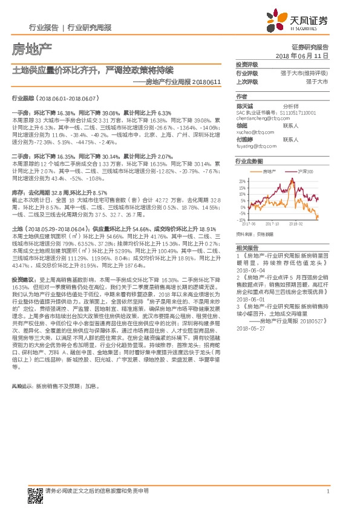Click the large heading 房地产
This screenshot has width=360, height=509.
[31, 49]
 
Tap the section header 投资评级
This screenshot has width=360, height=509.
[247, 64]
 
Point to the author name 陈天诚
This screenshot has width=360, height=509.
[245, 105]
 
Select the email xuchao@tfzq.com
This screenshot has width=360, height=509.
[251, 131]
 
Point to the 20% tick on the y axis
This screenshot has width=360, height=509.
[243, 181]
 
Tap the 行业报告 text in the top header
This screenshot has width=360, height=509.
[44, 28]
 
